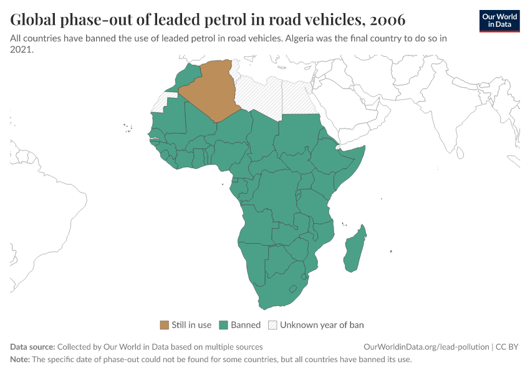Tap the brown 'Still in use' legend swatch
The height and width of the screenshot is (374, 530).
click(165, 325)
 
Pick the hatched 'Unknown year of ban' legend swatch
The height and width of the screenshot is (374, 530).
click(272, 325)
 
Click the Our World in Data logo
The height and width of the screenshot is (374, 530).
click(499, 21)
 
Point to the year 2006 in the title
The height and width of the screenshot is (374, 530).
click(387, 20)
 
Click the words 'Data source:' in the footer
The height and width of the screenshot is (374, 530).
click(32, 347)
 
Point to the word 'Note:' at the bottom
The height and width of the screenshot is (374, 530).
click(21, 360)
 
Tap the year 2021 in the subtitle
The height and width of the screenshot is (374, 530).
click(21, 50)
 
